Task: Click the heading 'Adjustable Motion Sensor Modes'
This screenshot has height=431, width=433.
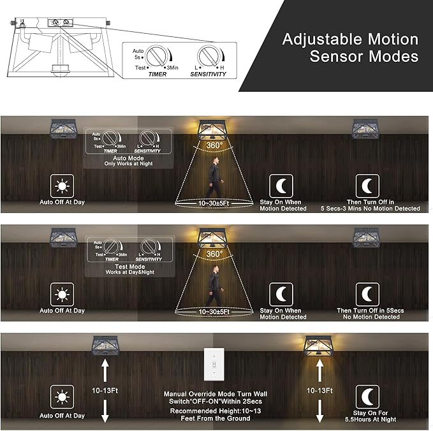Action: pos(350,48)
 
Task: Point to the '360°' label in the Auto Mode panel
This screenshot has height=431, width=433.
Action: pos(215,145)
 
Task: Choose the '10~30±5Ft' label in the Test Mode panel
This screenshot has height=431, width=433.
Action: pos(214,312)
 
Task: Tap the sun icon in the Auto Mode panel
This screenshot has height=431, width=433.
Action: pos(62,187)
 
